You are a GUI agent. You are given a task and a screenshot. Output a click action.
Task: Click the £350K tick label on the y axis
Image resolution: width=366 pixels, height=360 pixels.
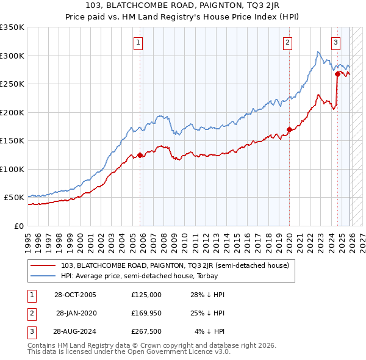tap(12, 27)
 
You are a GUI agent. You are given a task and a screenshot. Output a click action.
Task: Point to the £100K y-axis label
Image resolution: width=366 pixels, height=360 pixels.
tap(12, 169)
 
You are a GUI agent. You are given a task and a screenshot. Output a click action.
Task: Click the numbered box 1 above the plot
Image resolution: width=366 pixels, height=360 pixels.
tap(139, 43)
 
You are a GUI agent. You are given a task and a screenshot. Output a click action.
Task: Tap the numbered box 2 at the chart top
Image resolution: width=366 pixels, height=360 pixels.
tap(287, 43)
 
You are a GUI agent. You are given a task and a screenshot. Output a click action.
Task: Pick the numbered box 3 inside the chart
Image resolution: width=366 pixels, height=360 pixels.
tap(336, 43)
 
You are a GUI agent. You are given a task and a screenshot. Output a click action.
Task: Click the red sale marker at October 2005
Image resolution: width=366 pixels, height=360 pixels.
tap(140, 155)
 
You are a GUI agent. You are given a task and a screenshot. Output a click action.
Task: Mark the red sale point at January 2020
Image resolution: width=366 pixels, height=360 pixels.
tap(289, 129)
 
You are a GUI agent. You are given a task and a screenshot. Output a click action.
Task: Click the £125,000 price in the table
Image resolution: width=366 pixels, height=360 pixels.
tap(146, 295)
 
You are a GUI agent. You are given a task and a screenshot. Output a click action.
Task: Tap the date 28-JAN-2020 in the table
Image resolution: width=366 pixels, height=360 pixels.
tap(76, 313)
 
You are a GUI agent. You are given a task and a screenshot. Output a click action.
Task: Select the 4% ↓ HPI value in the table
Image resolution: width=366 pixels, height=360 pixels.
tap(210, 331)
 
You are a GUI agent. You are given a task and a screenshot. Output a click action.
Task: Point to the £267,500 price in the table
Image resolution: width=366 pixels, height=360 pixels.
tap(146, 331)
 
